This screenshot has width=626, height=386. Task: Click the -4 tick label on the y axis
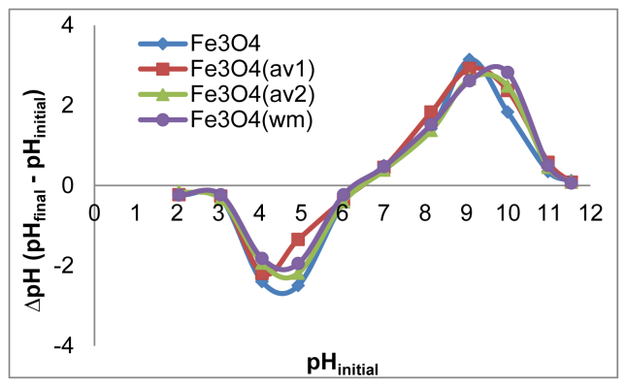[x=70, y=344]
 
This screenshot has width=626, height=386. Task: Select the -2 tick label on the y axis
[x=70, y=264]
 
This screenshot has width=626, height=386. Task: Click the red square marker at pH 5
[x=299, y=239]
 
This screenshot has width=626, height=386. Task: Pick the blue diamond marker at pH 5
[x=299, y=285]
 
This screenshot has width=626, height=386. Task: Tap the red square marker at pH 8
[x=431, y=113]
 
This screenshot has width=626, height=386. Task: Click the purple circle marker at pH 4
[x=261, y=259]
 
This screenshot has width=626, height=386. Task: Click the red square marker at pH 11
[x=548, y=163]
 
